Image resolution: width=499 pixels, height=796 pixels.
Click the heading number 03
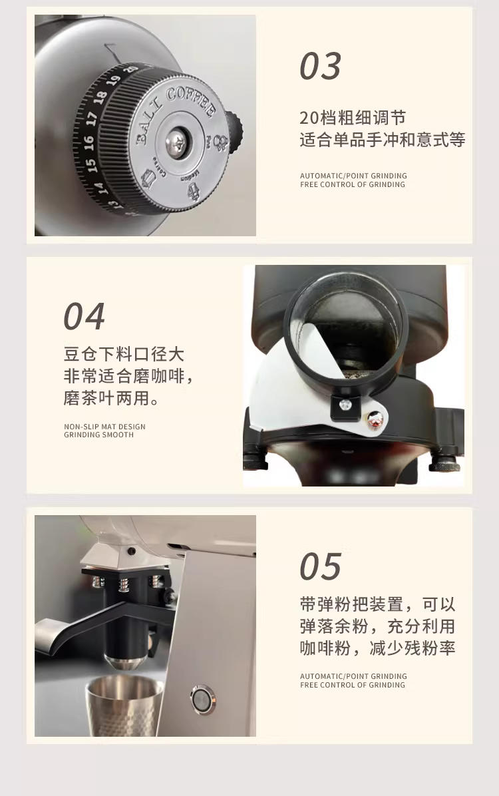pos(320,67)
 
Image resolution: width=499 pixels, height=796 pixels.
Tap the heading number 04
pos(84,316)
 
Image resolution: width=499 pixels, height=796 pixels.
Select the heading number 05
pos(320,566)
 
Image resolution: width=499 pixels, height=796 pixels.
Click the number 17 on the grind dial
pos(91,119)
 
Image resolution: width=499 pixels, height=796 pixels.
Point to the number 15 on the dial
pos(90,165)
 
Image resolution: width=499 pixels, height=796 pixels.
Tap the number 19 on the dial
pos(114,81)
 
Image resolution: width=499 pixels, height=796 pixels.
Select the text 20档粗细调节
pos(353,118)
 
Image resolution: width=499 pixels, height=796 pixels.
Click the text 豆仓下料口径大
pos(123,353)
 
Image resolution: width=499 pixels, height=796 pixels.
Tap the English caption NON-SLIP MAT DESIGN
pos(104,427)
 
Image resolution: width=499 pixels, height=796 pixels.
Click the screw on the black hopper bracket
pos(345,405)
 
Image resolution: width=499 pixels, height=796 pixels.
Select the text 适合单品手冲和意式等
pos(383,140)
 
